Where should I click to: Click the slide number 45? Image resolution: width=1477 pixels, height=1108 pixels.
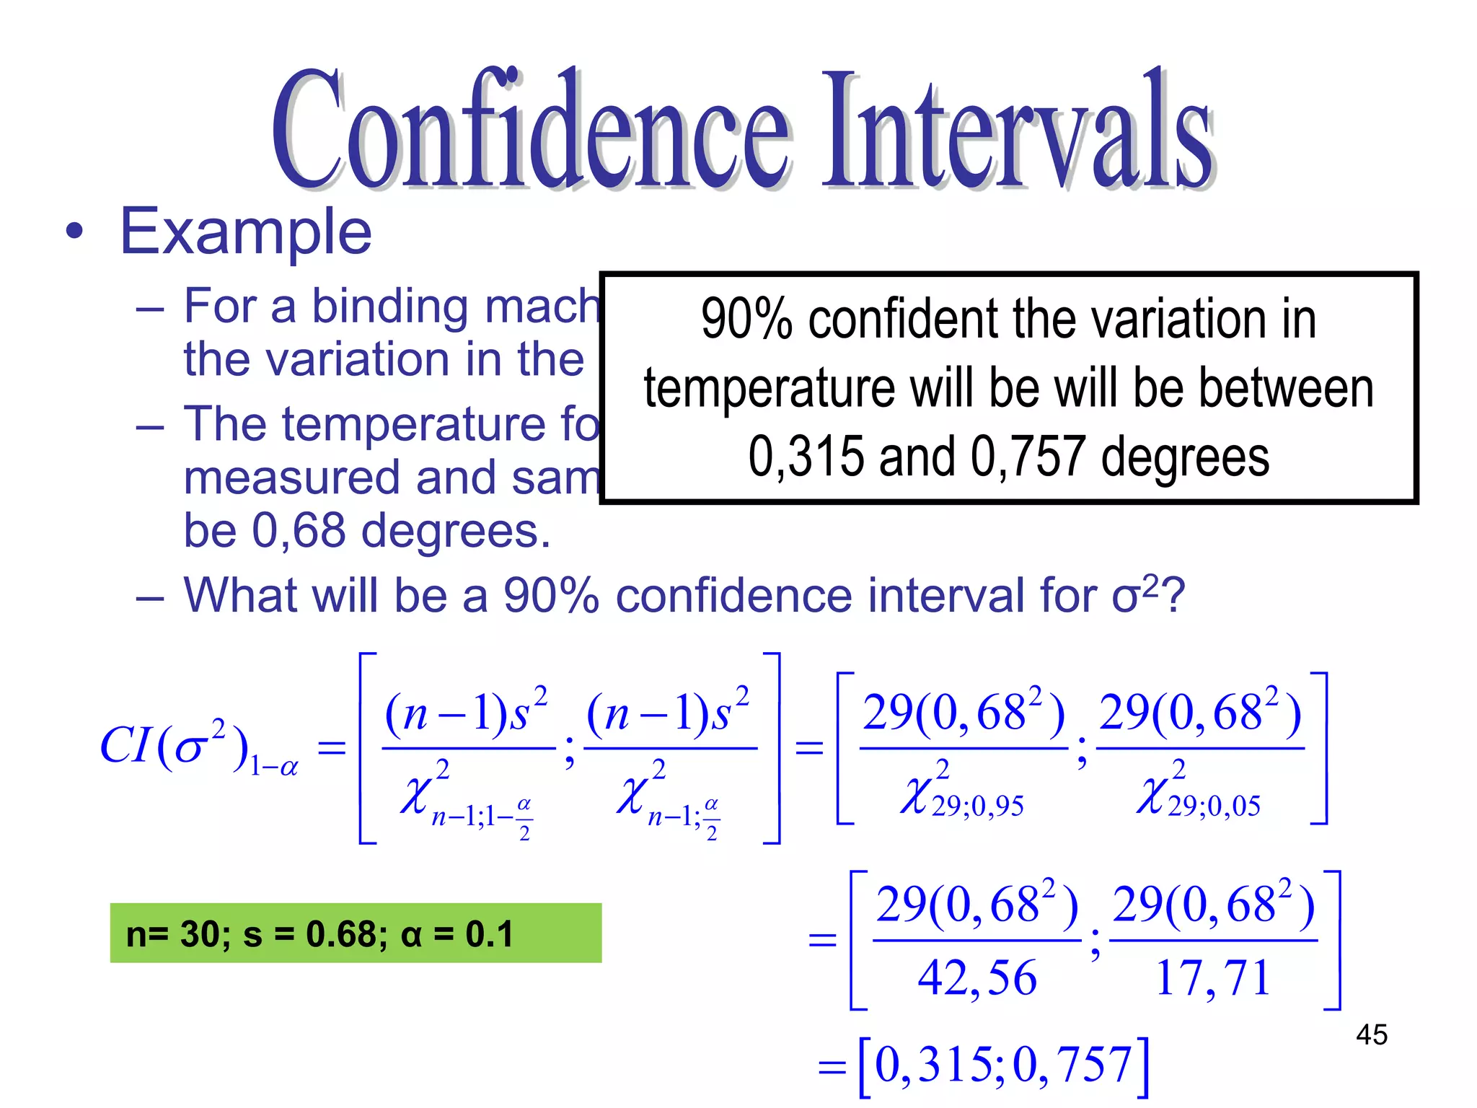click(1371, 1034)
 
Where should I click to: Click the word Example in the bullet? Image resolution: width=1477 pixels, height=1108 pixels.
click(245, 232)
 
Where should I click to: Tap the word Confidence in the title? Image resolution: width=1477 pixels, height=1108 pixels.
click(530, 130)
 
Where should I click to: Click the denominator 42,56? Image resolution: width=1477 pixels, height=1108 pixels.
click(977, 978)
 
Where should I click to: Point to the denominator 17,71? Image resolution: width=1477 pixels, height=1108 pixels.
click(1212, 978)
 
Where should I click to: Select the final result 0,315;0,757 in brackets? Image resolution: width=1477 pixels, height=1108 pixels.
click(1002, 1065)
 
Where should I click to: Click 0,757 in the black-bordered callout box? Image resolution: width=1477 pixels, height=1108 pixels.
click(1027, 457)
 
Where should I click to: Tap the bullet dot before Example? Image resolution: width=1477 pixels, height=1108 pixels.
click(74, 233)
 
